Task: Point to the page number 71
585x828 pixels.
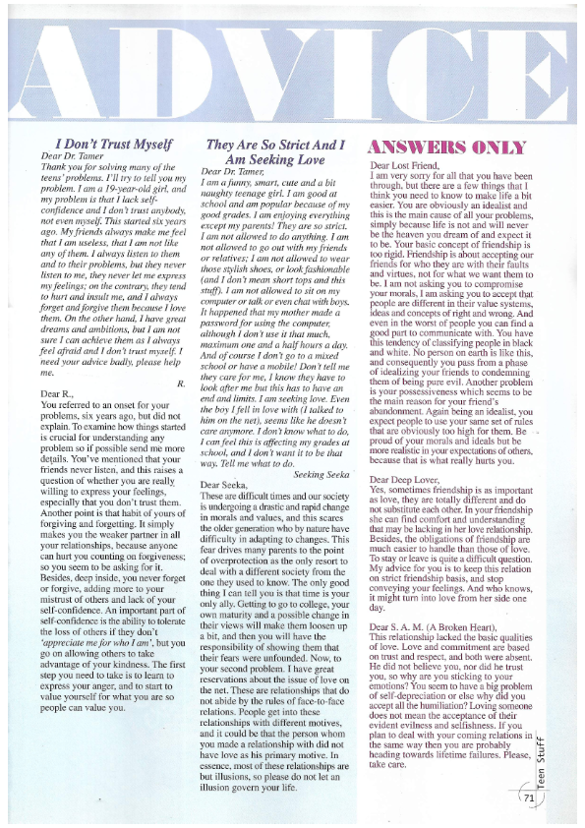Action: [529, 799]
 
